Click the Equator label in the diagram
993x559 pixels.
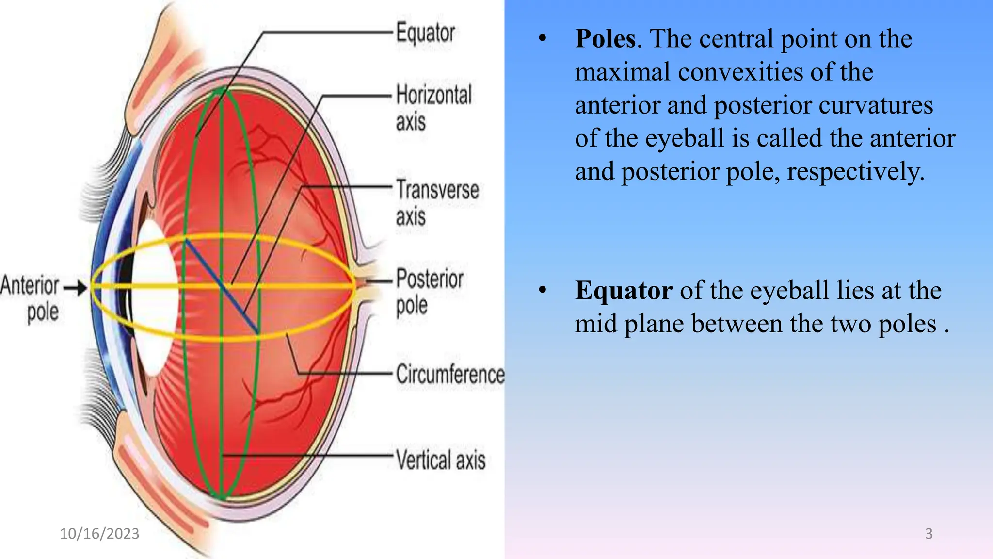pos(425,33)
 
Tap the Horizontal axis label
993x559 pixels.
pos(433,107)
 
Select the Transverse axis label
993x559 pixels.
pos(437,202)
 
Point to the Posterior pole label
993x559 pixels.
pos(429,292)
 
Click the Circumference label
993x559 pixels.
pos(450,374)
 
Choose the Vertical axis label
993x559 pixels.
pos(440,460)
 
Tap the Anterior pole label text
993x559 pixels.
pos(30,297)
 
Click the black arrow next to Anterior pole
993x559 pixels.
pos(75,288)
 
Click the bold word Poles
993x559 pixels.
pos(605,39)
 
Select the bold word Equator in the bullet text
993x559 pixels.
pos(624,291)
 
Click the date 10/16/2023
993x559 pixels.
pos(99,533)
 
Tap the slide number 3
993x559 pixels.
pos(929,533)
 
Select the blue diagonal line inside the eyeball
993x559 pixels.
pos(221,286)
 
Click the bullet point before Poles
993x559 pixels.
pos(543,38)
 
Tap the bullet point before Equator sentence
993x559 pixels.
pos(543,290)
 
